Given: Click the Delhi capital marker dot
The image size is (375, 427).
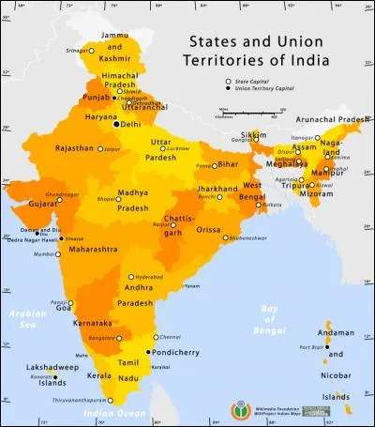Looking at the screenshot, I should pyautogui.click(x=117, y=124).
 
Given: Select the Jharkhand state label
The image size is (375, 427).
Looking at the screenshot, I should pyautogui.click(x=218, y=189).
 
